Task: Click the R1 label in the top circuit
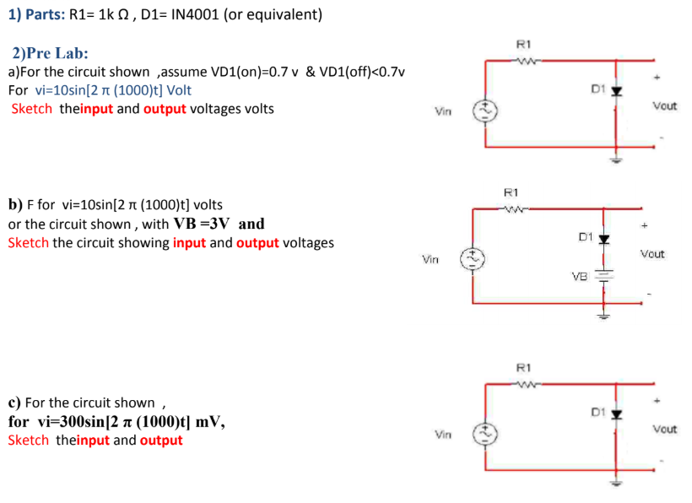tap(522, 44)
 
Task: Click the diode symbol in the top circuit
tap(616, 89)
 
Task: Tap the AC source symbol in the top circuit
tap(488, 110)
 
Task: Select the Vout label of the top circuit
tap(664, 106)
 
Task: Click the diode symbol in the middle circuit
tap(603, 238)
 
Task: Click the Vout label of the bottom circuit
tap(664, 430)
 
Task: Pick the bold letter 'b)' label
tap(14, 204)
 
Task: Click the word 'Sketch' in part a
tap(31, 109)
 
